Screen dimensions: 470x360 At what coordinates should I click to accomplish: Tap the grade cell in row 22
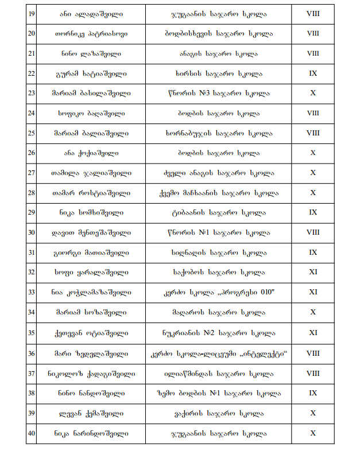313,73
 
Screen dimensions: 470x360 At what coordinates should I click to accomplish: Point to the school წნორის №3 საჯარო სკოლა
218,93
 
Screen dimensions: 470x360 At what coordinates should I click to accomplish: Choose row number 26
31,153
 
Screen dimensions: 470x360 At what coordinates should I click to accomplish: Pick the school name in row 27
218,173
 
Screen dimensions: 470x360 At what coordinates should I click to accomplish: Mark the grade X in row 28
313,193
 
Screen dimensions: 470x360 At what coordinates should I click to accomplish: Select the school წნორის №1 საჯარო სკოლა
218,232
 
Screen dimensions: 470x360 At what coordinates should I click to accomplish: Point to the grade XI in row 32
313,272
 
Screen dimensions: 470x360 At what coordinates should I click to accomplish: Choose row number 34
31,312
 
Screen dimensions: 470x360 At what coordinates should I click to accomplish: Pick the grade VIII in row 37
313,373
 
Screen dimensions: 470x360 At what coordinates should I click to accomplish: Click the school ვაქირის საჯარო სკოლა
218,413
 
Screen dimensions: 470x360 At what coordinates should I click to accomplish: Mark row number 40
31,433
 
